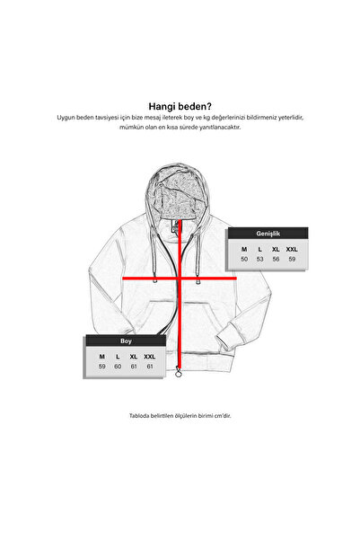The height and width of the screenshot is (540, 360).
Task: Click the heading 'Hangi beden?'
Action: pyautogui.click(x=180, y=106)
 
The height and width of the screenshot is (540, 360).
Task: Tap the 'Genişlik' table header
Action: pyautogui.click(x=268, y=234)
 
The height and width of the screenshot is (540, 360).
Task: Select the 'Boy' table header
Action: pyautogui.click(x=126, y=341)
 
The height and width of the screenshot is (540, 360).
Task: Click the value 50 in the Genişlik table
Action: pyautogui.click(x=244, y=259)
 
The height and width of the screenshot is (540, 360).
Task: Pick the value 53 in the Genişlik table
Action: pyautogui.click(x=259, y=259)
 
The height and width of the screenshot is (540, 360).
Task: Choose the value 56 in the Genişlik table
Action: pyautogui.click(x=276, y=259)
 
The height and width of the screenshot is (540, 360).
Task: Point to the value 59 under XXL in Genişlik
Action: pyautogui.click(x=292, y=259)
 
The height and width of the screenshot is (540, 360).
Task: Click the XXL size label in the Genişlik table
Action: pyautogui.click(x=292, y=250)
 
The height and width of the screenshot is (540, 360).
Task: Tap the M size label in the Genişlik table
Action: pyautogui.click(x=244, y=250)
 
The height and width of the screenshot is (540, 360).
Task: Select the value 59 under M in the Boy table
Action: pyautogui.click(x=101, y=367)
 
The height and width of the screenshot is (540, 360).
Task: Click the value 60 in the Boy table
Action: pyautogui.click(x=118, y=367)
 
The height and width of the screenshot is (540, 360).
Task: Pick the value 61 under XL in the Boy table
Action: pyautogui.click(x=134, y=367)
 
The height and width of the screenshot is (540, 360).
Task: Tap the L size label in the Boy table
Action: pyautogui.click(x=118, y=357)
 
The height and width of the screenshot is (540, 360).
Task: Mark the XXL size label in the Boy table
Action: pyautogui.click(x=150, y=357)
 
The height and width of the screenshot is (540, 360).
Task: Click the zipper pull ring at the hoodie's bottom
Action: pyautogui.click(x=179, y=372)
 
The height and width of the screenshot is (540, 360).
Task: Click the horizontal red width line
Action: pyautogui.click(x=180, y=278)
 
